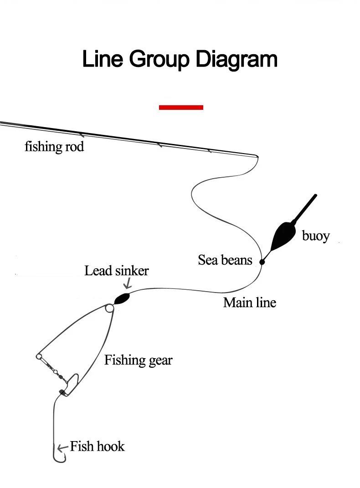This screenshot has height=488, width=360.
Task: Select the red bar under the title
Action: pos(181,108)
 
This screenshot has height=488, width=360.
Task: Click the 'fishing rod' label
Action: pos(54,147)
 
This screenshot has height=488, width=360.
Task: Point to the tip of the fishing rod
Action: pos(257,156)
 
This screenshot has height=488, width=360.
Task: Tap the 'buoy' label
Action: pos(315,236)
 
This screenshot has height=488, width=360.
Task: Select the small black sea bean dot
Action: pos(262,262)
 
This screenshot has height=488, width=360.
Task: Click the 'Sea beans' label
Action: pos(225,260)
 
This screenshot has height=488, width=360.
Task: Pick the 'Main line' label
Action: pos(250,302)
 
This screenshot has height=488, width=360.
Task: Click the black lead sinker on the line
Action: pos(122,298)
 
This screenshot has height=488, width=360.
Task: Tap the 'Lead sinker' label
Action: pos(117,271)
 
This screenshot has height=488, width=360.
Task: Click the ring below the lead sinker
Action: pos(109,308)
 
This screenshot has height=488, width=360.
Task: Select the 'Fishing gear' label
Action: pos(139,360)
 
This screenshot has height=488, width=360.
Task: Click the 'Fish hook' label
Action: pos(97,446)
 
